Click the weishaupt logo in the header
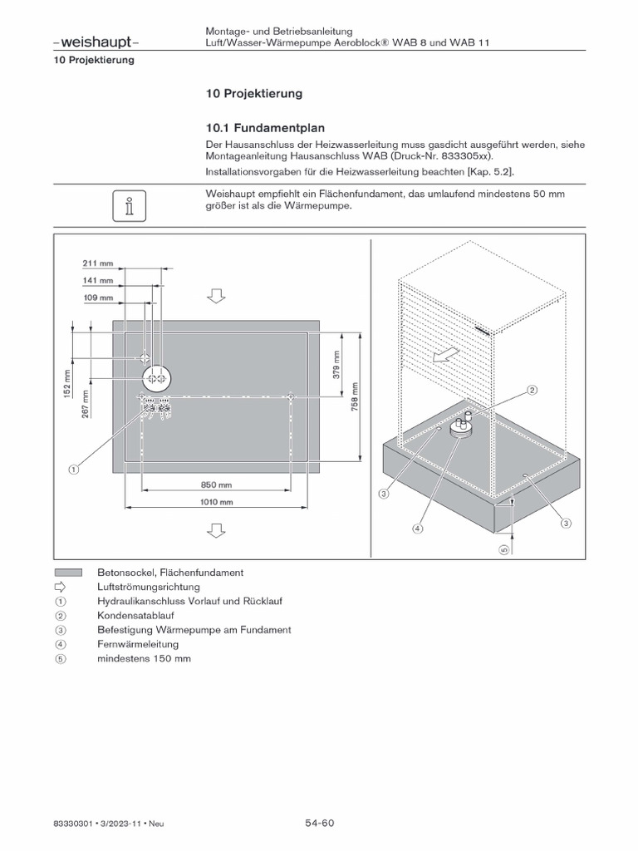click(x=95, y=42)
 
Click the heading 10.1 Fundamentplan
click(x=264, y=128)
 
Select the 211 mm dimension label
click(x=97, y=263)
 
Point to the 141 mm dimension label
click(x=97, y=280)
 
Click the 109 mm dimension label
click(x=97, y=297)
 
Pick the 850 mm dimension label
click(x=216, y=485)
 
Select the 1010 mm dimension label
click(x=216, y=502)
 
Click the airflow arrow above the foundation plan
click(x=216, y=296)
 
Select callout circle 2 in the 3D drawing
click(x=532, y=389)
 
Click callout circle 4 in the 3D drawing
click(x=418, y=528)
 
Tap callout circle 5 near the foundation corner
click(x=503, y=550)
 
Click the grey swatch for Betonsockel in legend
click(x=68, y=573)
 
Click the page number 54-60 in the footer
click(x=318, y=824)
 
